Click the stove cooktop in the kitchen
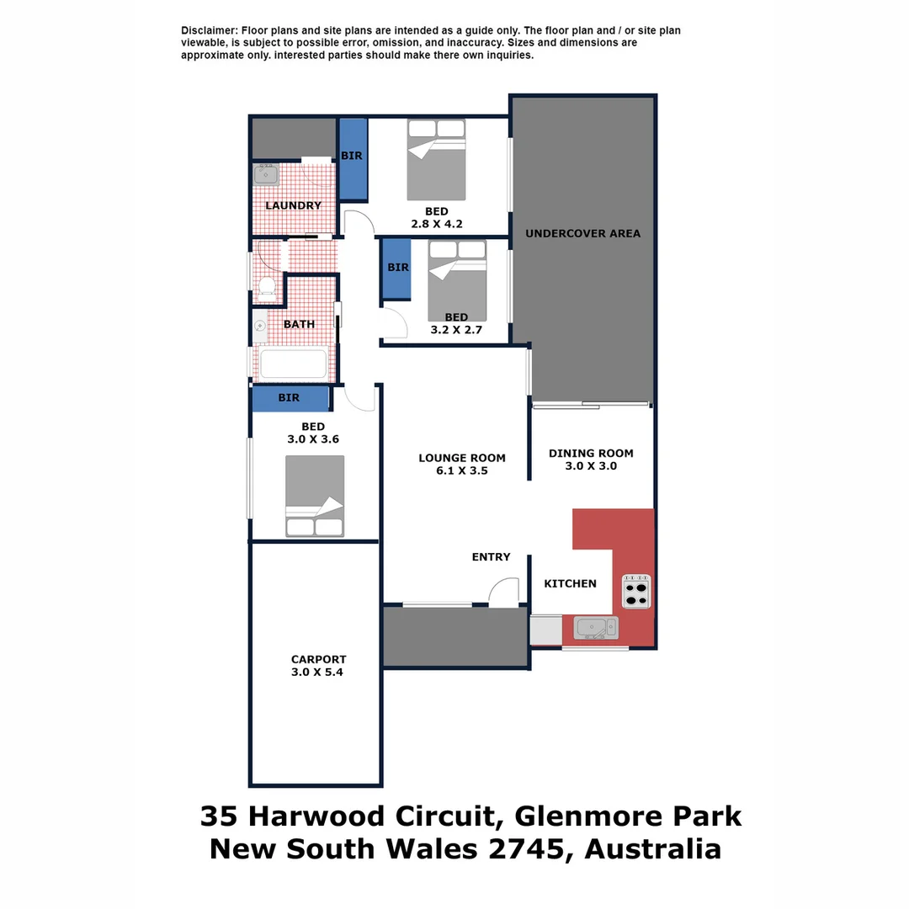(636, 591)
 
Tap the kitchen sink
(595, 627)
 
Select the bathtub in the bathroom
(292, 364)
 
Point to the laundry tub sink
(266, 175)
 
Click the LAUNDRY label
(293, 205)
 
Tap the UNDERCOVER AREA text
(582, 233)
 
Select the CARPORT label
(318, 660)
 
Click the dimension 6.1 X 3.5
(462, 471)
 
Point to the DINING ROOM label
(591, 454)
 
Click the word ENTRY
(491, 557)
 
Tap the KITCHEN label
(570, 583)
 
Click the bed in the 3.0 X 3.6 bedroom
(315, 496)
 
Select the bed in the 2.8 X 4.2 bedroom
(436, 159)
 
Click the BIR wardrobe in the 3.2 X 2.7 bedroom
(396, 268)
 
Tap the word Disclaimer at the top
(209, 30)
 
